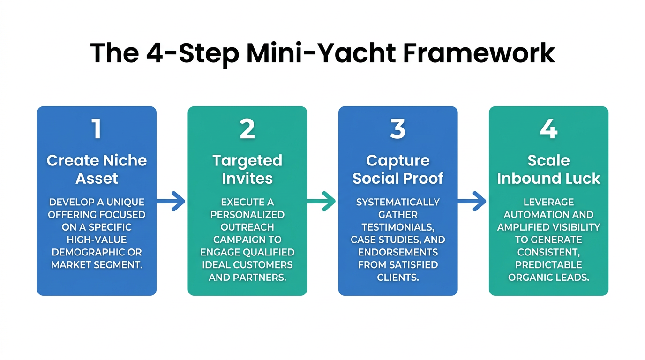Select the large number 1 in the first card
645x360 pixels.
(97, 129)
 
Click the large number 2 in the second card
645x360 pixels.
(247, 129)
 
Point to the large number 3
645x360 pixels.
(398, 129)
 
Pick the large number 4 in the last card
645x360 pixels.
(548, 129)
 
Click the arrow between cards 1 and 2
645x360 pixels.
(172, 201)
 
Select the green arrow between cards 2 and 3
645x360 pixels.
(322, 201)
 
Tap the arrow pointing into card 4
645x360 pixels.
(472, 201)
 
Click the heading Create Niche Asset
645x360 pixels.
(97, 169)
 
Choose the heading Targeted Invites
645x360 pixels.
(247, 169)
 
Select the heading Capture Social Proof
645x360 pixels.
(398, 169)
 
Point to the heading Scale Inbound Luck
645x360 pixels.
(548, 169)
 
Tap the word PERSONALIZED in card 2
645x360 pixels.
(247, 214)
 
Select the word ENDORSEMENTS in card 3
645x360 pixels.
(398, 252)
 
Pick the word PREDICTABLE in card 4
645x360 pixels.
(548, 265)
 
